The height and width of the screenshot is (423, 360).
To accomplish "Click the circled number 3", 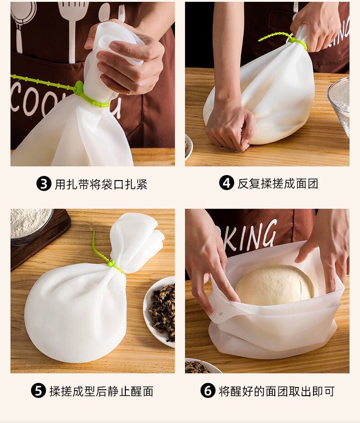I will click(43, 184).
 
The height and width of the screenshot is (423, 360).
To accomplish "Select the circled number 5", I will click(38, 391).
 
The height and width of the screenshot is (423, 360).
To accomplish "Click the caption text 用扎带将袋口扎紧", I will click(101, 185).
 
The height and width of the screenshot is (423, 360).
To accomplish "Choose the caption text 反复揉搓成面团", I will click(278, 184).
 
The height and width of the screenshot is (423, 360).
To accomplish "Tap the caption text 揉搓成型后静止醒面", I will click(101, 391).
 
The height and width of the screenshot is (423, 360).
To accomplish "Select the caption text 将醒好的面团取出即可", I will click(277, 391).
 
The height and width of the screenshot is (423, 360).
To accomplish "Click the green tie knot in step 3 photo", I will click(80, 88).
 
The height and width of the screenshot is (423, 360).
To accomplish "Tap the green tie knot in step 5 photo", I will click(111, 263).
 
